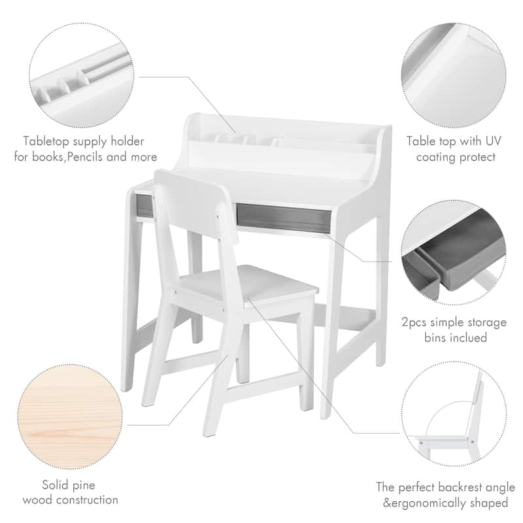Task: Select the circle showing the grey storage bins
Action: click(454, 252)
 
